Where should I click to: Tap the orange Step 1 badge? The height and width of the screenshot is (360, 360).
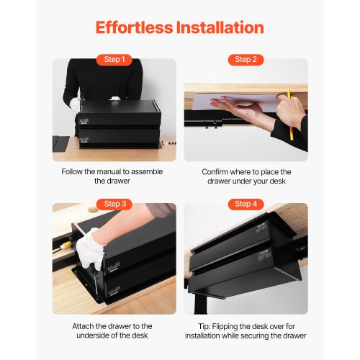tap(114, 60)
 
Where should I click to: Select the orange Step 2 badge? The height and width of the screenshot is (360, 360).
tap(246, 60)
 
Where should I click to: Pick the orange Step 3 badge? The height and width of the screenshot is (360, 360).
tap(114, 204)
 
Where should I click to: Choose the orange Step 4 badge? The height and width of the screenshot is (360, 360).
tap(246, 204)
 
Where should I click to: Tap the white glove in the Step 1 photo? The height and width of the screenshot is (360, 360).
tap(74, 104)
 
